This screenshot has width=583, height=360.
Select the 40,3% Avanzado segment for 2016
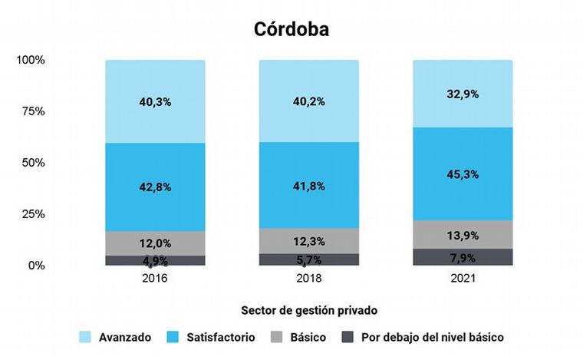tap(155, 101)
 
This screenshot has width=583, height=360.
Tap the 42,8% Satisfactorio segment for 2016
tap(155, 187)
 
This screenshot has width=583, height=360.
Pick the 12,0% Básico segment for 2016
tap(155, 243)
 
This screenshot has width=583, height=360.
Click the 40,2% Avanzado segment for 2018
tap(308, 101)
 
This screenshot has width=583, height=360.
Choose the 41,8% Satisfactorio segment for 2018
tap(308, 185)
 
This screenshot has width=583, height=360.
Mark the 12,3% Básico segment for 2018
tap(308, 241)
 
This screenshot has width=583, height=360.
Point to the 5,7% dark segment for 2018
tap(308, 259)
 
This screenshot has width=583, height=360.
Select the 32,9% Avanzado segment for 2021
tap(463, 94)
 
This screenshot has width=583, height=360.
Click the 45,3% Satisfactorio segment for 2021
tap(463, 174)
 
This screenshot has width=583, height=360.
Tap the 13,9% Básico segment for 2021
tap(463, 234)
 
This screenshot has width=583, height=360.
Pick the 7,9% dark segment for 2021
tap(463, 257)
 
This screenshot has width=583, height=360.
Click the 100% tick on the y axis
tap(31, 60)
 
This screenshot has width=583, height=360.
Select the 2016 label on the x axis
tap(155, 278)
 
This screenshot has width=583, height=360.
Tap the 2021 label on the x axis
tap(463, 278)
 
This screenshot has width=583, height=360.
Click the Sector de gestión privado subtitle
tap(291, 311)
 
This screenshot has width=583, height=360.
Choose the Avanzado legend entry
tap(124, 337)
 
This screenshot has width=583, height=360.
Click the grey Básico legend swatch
tap(278, 337)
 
